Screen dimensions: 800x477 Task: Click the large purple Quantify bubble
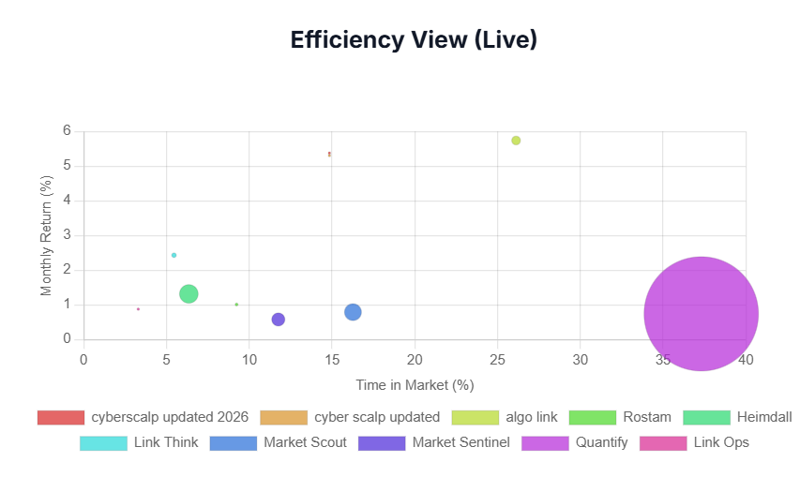[x=701, y=314]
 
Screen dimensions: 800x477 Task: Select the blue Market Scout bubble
[x=353, y=312]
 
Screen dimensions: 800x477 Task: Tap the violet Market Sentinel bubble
[x=278, y=320]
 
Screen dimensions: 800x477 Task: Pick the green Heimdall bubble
[x=189, y=293]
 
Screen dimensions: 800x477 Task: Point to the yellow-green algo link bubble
[x=516, y=141]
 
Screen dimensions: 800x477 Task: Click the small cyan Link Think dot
[x=174, y=255]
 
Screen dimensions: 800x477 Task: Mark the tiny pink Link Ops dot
[x=138, y=309]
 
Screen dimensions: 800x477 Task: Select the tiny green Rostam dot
[x=236, y=305]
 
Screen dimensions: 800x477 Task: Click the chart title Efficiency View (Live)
[x=414, y=39]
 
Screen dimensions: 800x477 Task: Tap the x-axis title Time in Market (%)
[x=415, y=385]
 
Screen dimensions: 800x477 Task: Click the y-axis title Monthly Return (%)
[x=47, y=235]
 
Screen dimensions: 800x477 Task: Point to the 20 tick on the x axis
[x=415, y=360]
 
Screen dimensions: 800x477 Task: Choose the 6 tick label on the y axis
[x=67, y=130]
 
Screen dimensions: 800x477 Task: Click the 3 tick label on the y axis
[x=67, y=235]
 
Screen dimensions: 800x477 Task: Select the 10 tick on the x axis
[x=249, y=360]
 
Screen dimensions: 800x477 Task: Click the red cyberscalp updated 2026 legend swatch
[x=61, y=417]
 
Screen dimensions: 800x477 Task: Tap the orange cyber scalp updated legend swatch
[x=283, y=417]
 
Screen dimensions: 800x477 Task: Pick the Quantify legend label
[x=601, y=442]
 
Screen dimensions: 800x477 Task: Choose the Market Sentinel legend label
[x=461, y=442]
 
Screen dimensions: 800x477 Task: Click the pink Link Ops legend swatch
[x=663, y=443]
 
